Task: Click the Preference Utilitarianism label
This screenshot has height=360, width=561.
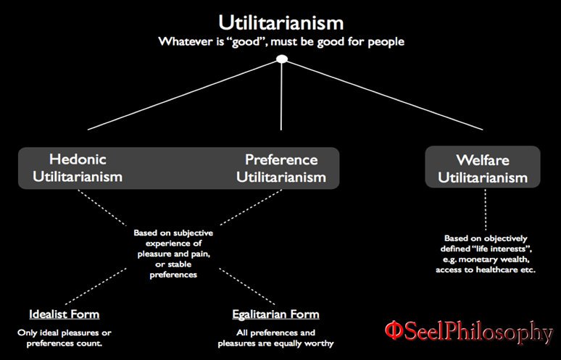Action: pos(281,167)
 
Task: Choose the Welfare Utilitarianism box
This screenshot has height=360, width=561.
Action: pos(482,168)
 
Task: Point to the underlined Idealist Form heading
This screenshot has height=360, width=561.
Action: pos(64,314)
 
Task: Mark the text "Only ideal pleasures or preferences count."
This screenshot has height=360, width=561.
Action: pos(64,338)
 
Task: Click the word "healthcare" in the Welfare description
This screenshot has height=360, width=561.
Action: pos(483,269)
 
